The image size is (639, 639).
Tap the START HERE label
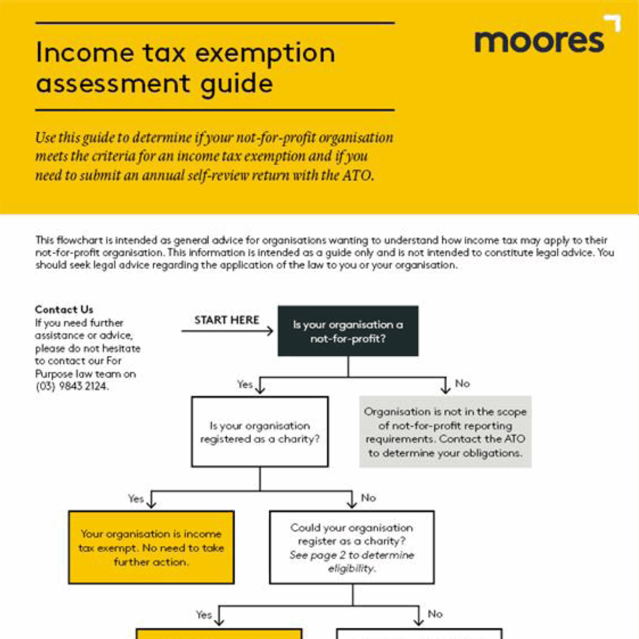click(x=227, y=320)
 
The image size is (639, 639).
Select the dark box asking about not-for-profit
click(x=348, y=331)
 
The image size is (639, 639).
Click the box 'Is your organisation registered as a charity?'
click(x=260, y=432)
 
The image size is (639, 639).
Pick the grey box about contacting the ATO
click(x=445, y=432)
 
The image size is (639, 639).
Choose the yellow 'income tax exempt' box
click(x=151, y=548)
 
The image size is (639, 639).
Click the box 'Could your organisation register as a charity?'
click(x=351, y=548)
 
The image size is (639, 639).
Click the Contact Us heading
click(x=64, y=310)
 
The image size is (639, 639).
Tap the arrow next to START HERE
click(x=228, y=331)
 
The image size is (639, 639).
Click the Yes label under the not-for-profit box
click(x=245, y=384)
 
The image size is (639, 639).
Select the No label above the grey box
click(x=462, y=383)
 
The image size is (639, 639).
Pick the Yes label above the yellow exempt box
click(x=136, y=499)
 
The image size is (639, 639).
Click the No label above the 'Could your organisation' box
click(x=369, y=498)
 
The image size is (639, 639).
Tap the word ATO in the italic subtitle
click(x=357, y=175)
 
